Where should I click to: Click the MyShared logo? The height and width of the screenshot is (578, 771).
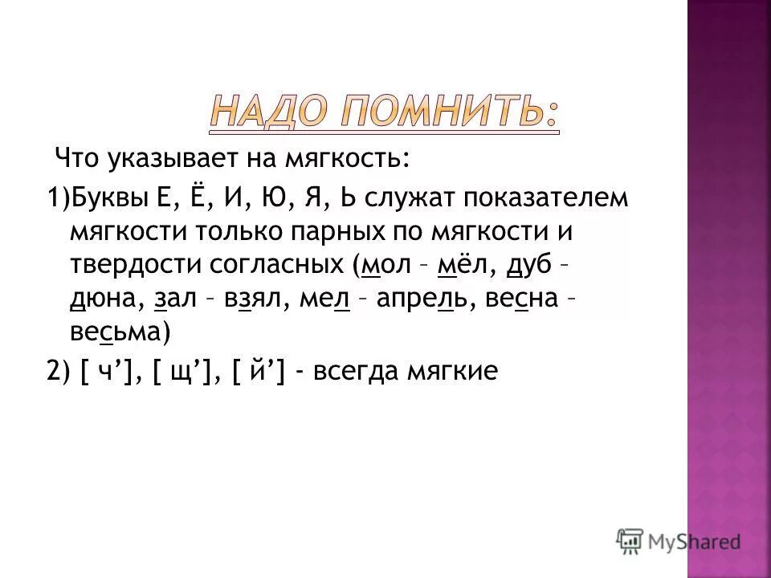pyautogui.click(x=679, y=540)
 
